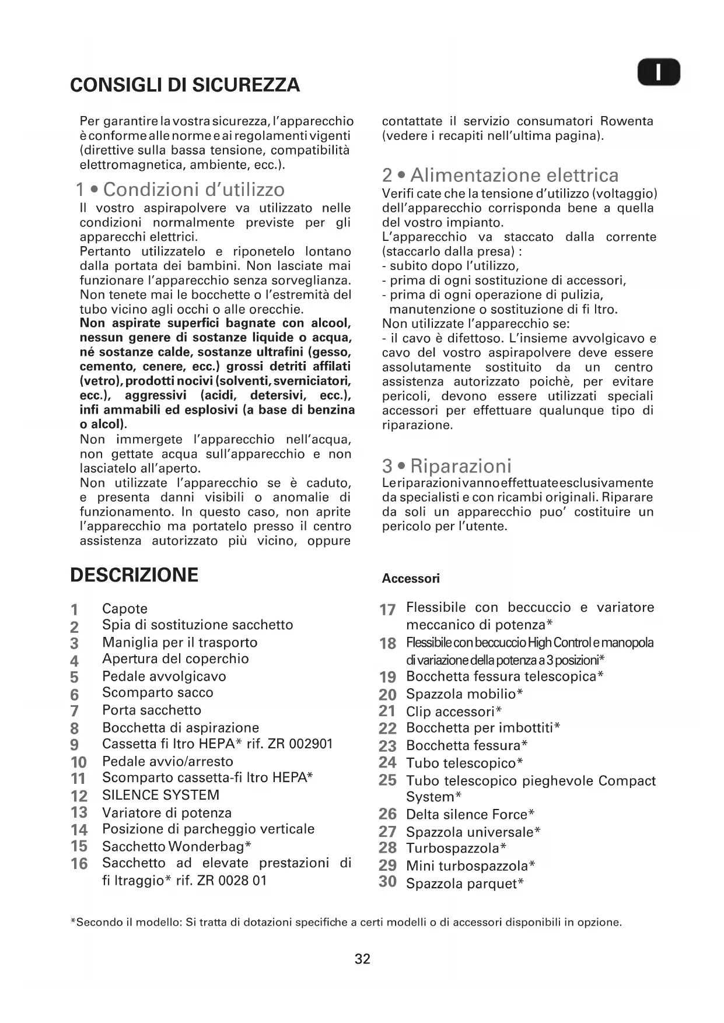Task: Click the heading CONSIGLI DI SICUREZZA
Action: (185, 85)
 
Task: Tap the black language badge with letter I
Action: (658, 73)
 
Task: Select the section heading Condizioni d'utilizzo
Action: (180, 190)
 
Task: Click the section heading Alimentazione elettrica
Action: (501, 175)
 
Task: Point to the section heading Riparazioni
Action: (447, 466)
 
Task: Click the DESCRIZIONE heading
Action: (134, 575)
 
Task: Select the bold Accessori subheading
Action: (411, 579)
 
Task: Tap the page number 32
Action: (362, 959)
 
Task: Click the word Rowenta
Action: (627, 121)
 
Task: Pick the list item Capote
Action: (125, 609)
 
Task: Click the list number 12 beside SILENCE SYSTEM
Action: (79, 796)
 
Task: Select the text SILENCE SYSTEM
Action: (160, 795)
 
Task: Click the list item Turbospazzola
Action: (456, 848)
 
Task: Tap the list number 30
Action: (387, 882)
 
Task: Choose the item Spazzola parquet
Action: (464, 884)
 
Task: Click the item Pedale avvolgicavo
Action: (164, 677)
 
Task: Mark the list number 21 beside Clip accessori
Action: (387, 711)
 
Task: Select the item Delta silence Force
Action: (470, 814)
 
